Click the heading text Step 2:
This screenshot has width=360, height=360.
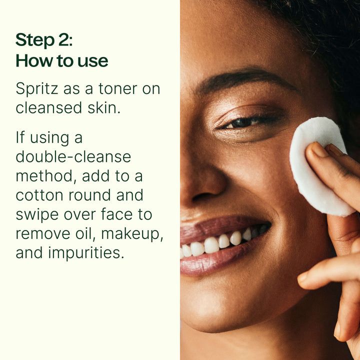tap(44, 40)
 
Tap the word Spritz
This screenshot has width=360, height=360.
tap(35, 89)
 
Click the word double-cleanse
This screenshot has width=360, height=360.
tap(73, 156)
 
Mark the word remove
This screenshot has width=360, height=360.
tap(42, 233)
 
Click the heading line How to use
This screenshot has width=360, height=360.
tap(62, 61)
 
